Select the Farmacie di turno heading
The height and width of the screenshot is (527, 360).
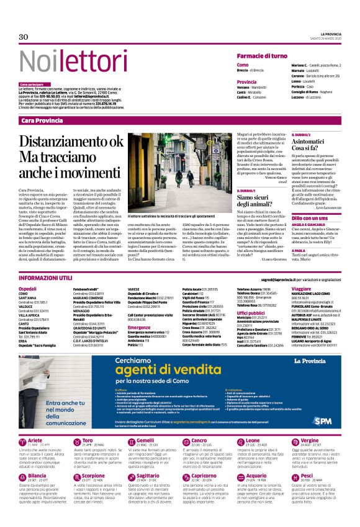coord(262,56)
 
